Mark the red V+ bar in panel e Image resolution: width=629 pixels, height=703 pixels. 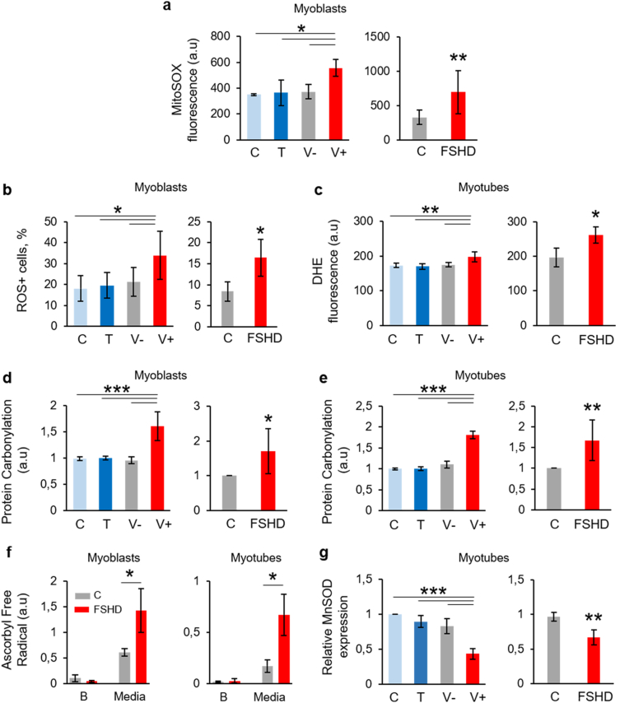[x=474, y=472]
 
